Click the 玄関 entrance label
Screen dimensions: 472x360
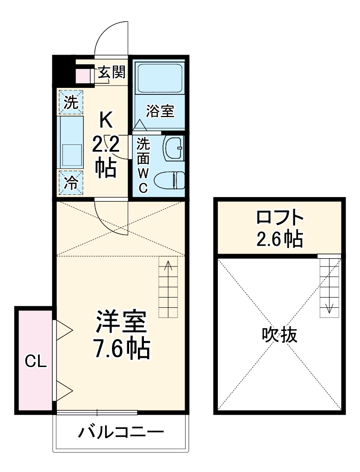pyautogui.click(x=112, y=72)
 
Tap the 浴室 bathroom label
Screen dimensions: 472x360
pyautogui.click(x=160, y=111)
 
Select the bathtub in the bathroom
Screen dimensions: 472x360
pyautogui.click(x=160, y=79)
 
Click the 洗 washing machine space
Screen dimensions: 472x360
pyautogui.click(x=71, y=101)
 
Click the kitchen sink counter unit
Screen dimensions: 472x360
pyautogui.click(x=71, y=142)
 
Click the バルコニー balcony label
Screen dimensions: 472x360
pyautogui.click(x=121, y=433)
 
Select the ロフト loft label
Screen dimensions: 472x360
pyautogui.click(x=280, y=217)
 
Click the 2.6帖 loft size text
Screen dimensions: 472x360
pyautogui.click(x=280, y=239)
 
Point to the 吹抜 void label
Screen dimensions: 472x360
pyautogui.click(x=279, y=335)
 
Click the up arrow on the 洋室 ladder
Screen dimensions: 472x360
pyautogui.click(x=169, y=267)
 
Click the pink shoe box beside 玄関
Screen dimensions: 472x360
pyautogui.click(x=84, y=76)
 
